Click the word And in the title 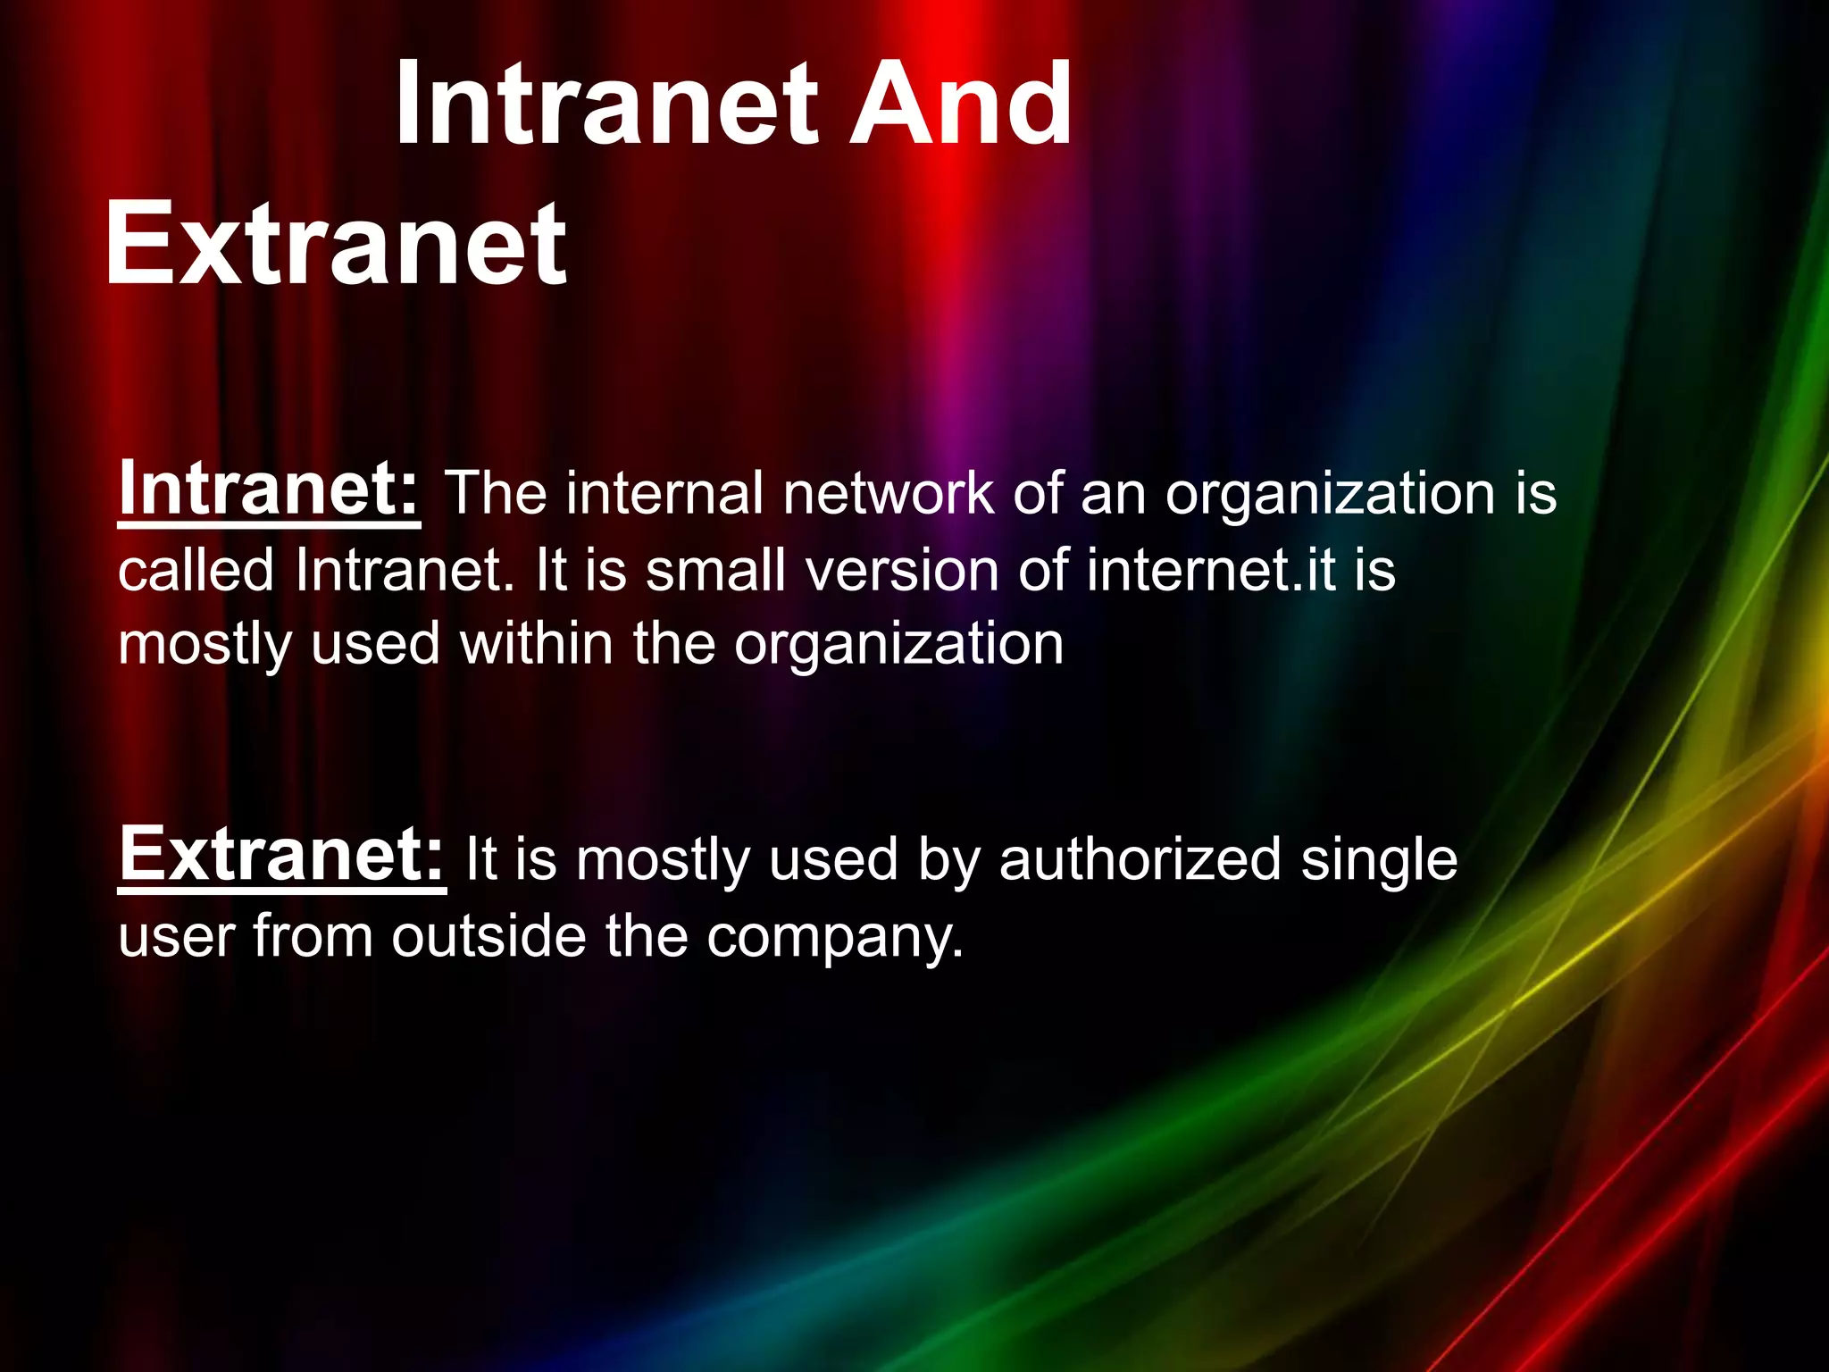point(960,105)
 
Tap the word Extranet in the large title point(336,244)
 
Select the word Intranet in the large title point(607,105)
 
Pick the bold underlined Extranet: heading point(281,855)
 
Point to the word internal point(664,493)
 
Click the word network point(889,493)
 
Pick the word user point(176,938)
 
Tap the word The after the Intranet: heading point(496,493)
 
